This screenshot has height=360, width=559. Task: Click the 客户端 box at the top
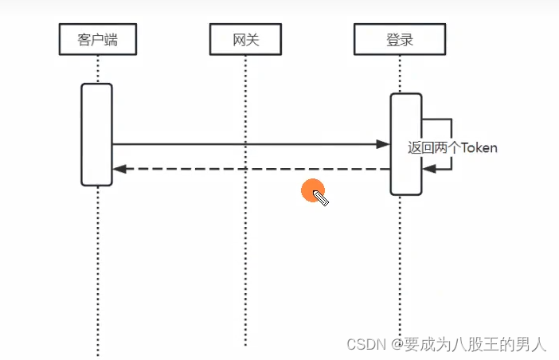(x=97, y=39)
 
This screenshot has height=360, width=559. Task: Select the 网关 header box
(x=246, y=39)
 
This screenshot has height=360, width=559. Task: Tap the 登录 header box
(x=400, y=39)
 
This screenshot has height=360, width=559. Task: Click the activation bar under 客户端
(x=96, y=134)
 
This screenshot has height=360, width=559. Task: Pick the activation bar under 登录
(x=405, y=143)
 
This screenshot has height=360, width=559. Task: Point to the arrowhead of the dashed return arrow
(x=119, y=169)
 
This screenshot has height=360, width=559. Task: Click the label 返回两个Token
(x=451, y=148)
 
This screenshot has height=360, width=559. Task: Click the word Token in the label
(x=479, y=148)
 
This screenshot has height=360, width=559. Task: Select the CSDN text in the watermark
(x=364, y=345)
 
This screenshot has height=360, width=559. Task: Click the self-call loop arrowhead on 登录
(x=428, y=169)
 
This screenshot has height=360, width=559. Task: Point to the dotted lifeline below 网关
(x=246, y=239)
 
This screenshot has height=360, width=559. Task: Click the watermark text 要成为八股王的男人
(x=475, y=345)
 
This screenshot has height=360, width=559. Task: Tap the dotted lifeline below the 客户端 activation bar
(x=97, y=271)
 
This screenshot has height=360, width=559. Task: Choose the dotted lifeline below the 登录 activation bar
(x=400, y=263)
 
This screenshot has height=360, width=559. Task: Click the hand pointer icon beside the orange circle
(x=321, y=198)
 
